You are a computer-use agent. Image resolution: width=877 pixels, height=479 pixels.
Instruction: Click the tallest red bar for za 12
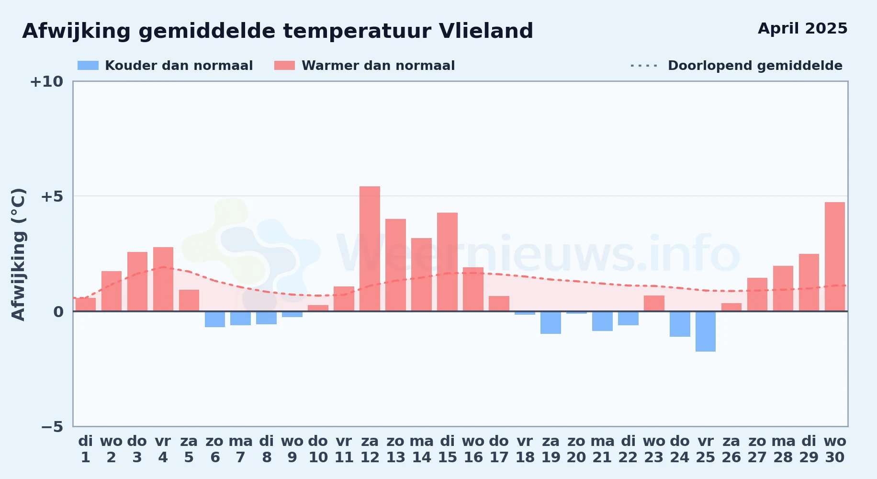pyautogui.click(x=370, y=249)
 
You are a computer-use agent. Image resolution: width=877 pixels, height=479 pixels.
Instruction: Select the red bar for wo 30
pyautogui.click(x=835, y=257)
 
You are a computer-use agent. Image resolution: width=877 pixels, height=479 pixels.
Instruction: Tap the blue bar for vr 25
pyautogui.click(x=706, y=331)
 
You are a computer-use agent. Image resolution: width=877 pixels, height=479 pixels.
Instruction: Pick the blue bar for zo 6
pyautogui.click(x=215, y=319)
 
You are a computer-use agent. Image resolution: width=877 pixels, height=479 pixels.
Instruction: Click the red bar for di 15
pyautogui.click(x=447, y=262)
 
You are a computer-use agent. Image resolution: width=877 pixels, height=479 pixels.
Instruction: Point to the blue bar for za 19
pyautogui.click(x=551, y=322)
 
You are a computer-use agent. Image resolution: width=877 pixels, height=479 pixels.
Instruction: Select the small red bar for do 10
pyautogui.click(x=318, y=308)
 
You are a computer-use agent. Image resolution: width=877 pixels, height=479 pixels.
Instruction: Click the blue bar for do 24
pyautogui.click(x=680, y=324)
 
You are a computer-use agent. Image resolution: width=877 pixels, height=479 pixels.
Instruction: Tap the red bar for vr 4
pyautogui.click(x=163, y=279)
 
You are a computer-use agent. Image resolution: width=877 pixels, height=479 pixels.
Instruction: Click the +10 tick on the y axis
pyautogui.click(x=46, y=81)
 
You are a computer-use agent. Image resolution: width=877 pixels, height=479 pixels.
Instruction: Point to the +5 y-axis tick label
pyautogui.click(x=52, y=196)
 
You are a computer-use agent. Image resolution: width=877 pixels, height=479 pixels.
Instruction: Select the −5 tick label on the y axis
pyautogui.click(x=52, y=426)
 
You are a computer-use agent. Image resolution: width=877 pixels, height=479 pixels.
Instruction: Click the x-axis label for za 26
pyautogui.click(x=731, y=449)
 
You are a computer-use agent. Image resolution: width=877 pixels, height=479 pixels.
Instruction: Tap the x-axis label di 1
pyautogui.click(x=86, y=449)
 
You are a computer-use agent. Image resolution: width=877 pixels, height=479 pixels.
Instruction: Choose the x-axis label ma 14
pyautogui.click(x=422, y=449)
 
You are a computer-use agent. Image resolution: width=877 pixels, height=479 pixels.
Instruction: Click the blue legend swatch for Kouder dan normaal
pyautogui.click(x=88, y=66)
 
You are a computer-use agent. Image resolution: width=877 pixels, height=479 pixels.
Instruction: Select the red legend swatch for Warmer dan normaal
pyautogui.click(x=284, y=66)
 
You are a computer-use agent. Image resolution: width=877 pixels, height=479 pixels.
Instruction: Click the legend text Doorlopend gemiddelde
pyautogui.click(x=755, y=66)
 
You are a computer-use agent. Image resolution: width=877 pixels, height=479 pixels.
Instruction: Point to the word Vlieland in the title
pyautogui.click(x=486, y=31)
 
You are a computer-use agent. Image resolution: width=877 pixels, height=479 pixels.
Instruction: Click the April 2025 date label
pyautogui.click(x=803, y=29)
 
